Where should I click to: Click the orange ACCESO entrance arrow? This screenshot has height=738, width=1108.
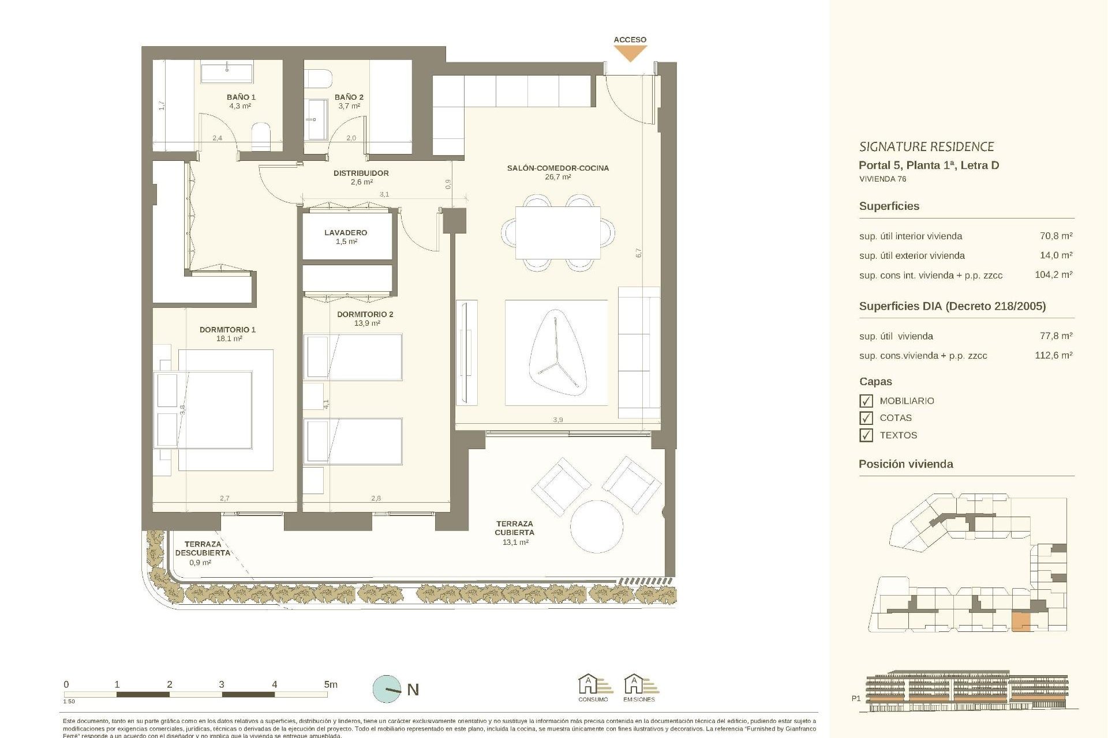pyautogui.click(x=630, y=53)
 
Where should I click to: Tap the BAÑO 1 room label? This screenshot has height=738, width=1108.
pyautogui.click(x=241, y=97)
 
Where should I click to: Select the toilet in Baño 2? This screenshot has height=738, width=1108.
pyautogui.click(x=319, y=79)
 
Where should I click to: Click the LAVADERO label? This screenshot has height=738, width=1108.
pyautogui.click(x=346, y=233)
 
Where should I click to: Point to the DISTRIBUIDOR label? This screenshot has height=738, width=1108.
pyautogui.click(x=361, y=173)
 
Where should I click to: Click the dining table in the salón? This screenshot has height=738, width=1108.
pyautogui.click(x=557, y=233)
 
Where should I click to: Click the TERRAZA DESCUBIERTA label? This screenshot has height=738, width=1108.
pyautogui.click(x=203, y=548)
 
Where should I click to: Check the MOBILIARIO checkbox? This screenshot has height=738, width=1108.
pyautogui.click(x=866, y=401)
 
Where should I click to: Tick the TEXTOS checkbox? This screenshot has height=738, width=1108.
pyautogui.click(x=866, y=435)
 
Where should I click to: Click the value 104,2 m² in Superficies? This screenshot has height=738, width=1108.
pyautogui.click(x=1053, y=275)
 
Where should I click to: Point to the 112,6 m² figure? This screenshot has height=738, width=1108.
pyautogui.click(x=1053, y=356)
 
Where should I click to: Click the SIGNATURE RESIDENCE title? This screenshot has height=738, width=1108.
pyautogui.click(x=926, y=147)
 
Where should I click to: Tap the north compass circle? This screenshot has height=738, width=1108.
pyautogui.click(x=387, y=689)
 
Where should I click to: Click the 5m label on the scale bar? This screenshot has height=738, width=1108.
pyautogui.click(x=330, y=684)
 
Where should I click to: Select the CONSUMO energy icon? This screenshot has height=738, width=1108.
pyautogui.click(x=593, y=686)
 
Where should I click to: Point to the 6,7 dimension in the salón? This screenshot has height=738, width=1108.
pyautogui.click(x=638, y=253)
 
